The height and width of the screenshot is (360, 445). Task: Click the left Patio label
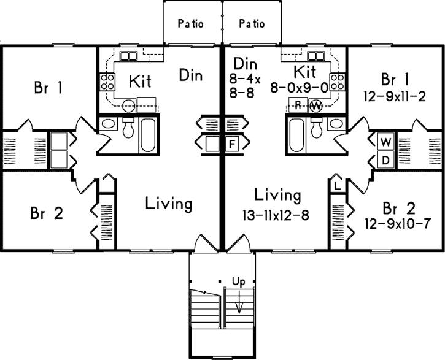190,25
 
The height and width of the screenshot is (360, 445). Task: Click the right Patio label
252,25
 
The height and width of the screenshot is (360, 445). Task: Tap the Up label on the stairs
239,281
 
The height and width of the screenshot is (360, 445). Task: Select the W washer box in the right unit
385,140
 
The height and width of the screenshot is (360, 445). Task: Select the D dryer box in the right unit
385,159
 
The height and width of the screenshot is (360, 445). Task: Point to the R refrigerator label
297,105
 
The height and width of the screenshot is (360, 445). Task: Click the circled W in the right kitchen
315,105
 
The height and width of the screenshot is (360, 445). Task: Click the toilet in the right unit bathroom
317,127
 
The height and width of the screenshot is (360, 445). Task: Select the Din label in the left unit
191,75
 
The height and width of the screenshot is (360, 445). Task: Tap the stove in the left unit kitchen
107,80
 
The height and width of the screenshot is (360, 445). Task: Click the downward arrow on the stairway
239,304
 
